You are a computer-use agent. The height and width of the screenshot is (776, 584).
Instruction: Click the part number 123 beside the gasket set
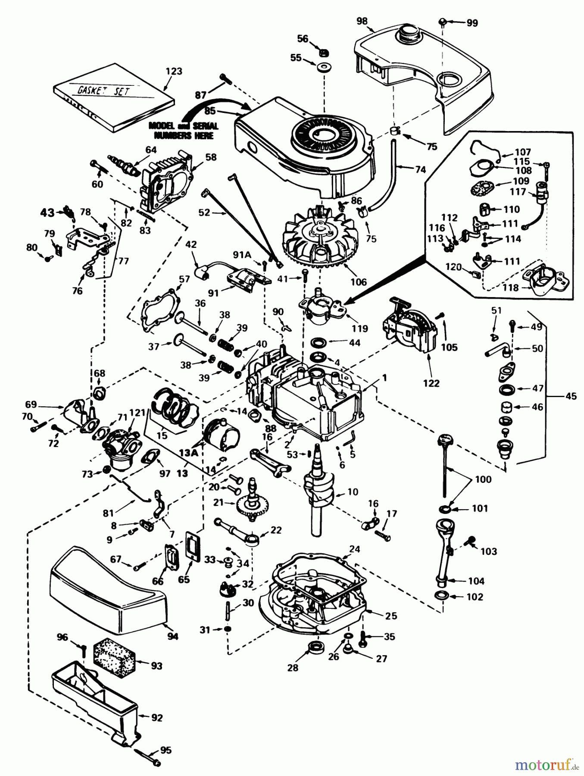pyautogui.click(x=174, y=71)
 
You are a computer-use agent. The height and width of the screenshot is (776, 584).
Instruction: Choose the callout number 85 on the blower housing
pyautogui.click(x=210, y=111)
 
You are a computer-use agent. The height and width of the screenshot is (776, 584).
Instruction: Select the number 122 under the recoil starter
pyautogui.click(x=431, y=383)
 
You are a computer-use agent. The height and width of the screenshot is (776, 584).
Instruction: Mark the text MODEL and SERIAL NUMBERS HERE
pyautogui.click(x=183, y=131)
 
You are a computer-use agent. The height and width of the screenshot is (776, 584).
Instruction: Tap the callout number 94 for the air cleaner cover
pyautogui.click(x=172, y=636)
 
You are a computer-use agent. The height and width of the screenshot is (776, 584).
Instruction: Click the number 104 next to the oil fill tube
pyautogui.click(x=476, y=581)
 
